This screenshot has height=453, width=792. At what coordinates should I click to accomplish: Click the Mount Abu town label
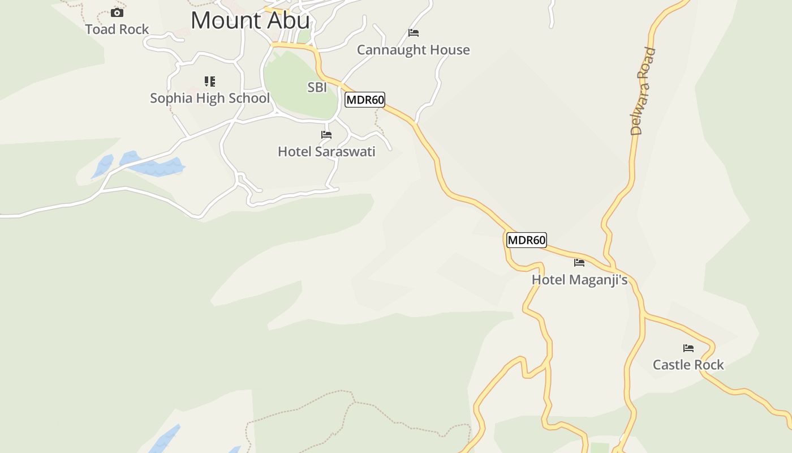(250, 20)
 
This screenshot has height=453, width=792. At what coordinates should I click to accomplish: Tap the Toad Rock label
(117, 29)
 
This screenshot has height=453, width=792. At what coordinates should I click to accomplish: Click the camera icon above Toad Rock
(117, 12)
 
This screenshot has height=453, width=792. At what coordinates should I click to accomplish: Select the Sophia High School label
(210, 98)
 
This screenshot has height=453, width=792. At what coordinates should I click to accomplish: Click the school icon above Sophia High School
(210, 82)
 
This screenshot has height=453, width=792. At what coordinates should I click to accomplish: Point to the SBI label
(317, 87)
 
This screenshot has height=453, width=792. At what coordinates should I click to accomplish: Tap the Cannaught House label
(413, 50)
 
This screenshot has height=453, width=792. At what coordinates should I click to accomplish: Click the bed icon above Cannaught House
(414, 33)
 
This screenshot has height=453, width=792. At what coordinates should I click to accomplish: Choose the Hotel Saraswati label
(326, 152)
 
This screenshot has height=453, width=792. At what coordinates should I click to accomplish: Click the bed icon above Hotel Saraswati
(326, 135)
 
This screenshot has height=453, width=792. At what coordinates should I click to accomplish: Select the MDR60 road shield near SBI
(365, 100)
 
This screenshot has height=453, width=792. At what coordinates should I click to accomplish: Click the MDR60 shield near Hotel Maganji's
(526, 240)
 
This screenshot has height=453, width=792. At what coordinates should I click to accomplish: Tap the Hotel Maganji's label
(579, 280)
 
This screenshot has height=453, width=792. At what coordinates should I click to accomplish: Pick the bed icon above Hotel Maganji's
(579, 262)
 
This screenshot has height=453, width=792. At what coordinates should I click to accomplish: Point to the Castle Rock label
(688, 365)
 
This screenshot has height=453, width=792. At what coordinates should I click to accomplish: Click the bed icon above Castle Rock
(688, 348)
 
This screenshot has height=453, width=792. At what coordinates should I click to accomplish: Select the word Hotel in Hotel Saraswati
(295, 152)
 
